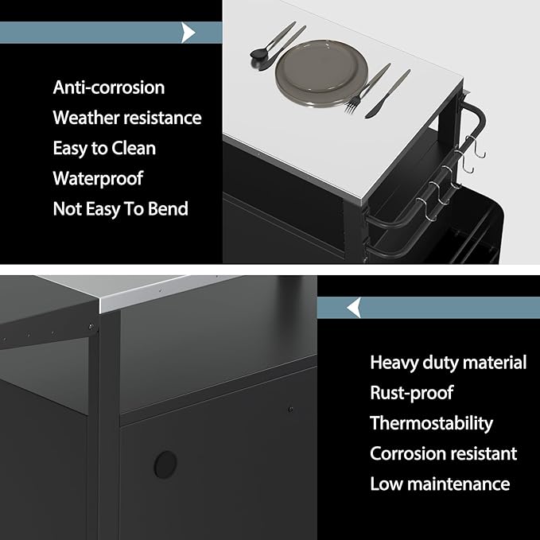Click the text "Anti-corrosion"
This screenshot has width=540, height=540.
click(109, 87)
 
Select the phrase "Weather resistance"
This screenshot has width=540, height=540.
click(127, 118)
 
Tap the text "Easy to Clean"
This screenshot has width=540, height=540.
click(104, 149)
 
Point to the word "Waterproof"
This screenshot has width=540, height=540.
click(98, 178)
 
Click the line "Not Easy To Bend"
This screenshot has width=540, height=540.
click(121, 208)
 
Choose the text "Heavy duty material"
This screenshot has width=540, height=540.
click(448, 363)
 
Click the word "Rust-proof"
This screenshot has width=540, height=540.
click(411, 393)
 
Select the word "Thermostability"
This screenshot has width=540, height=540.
click(431, 423)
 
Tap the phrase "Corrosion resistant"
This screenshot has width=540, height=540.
click(443, 453)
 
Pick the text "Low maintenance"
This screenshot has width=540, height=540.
click(440, 484)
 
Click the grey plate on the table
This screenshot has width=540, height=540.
click(321, 73)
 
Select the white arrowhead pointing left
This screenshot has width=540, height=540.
click(355, 308)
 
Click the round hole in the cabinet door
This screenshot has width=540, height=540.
click(165, 464)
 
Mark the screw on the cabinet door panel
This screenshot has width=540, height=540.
click(290, 410)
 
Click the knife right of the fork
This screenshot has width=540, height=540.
click(388, 94)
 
